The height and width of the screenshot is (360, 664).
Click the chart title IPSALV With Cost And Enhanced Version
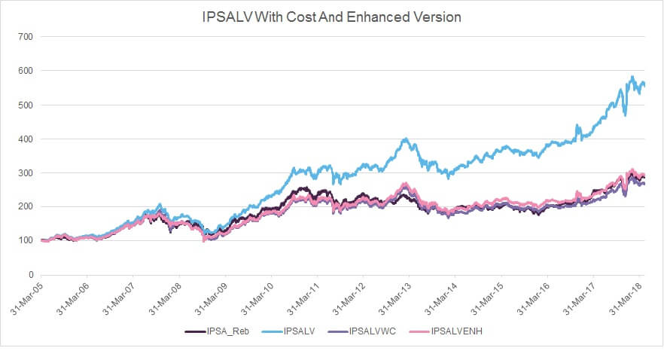pos(331,17)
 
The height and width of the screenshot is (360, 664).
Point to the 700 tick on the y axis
pos(26,37)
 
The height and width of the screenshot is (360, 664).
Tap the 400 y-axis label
pos(26,139)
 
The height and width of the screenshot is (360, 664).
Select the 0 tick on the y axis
pos(31,275)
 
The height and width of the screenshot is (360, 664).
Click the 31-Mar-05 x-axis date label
pos(27,298)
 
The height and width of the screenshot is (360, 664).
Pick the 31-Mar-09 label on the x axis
pos(212,298)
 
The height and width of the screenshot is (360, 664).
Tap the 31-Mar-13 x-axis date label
pos(395,298)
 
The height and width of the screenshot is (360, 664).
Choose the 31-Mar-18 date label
pos(626,298)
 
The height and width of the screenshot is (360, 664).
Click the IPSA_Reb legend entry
pos(217,331)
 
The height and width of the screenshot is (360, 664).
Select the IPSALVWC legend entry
pos(362,331)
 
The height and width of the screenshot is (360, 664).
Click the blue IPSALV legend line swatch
pos(272,331)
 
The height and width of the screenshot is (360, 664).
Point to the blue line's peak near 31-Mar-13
pos(406,139)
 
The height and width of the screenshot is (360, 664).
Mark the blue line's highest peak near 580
pos(632,77)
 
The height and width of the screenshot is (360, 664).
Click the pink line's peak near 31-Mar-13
pos(406,184)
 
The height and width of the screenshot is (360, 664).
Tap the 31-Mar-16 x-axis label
pos(534,298)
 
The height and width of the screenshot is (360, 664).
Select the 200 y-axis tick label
pos(26,206)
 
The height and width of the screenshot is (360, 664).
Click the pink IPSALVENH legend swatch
pos(419,331)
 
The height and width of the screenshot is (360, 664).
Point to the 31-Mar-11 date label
pos(303,298)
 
